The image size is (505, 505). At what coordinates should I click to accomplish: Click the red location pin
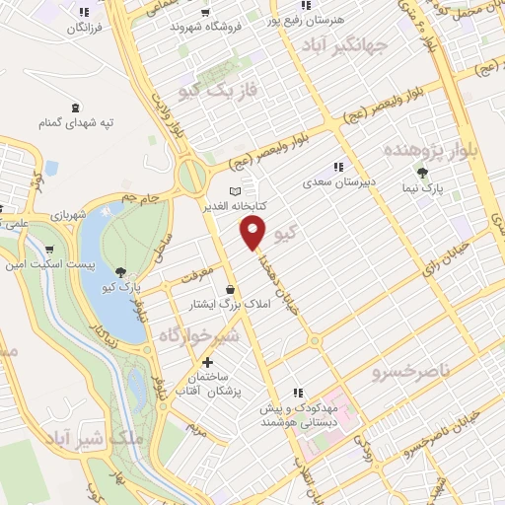(x=253, y=234)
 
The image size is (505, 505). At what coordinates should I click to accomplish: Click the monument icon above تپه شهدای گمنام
(x=75, y=107)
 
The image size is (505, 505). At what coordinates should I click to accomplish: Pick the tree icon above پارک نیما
(x=422, y=173)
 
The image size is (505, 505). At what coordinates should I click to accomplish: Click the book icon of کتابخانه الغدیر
(x=234, y=191)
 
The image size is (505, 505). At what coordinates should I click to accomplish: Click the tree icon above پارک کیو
(x=120, y=271)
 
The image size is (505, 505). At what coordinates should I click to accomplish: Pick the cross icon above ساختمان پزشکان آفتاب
(x=207, y=362)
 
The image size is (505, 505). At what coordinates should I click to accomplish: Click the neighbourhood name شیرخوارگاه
(x=200, y=336)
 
